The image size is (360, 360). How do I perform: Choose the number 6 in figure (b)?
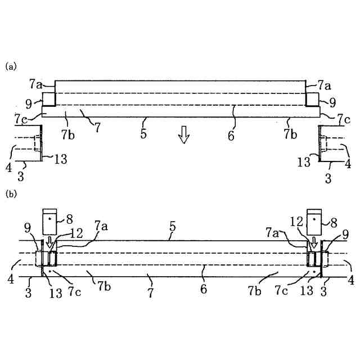click(x=204, y=289)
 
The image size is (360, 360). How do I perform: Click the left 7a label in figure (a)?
click(x=35, y=85)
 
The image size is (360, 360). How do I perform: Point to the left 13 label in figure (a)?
click(x=60, y=159)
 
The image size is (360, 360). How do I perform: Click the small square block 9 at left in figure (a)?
click(x=48, y=99)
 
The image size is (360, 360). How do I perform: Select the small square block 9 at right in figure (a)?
click(x=311, y=99)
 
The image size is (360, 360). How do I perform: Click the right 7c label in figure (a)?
click(x=344, y=119)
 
